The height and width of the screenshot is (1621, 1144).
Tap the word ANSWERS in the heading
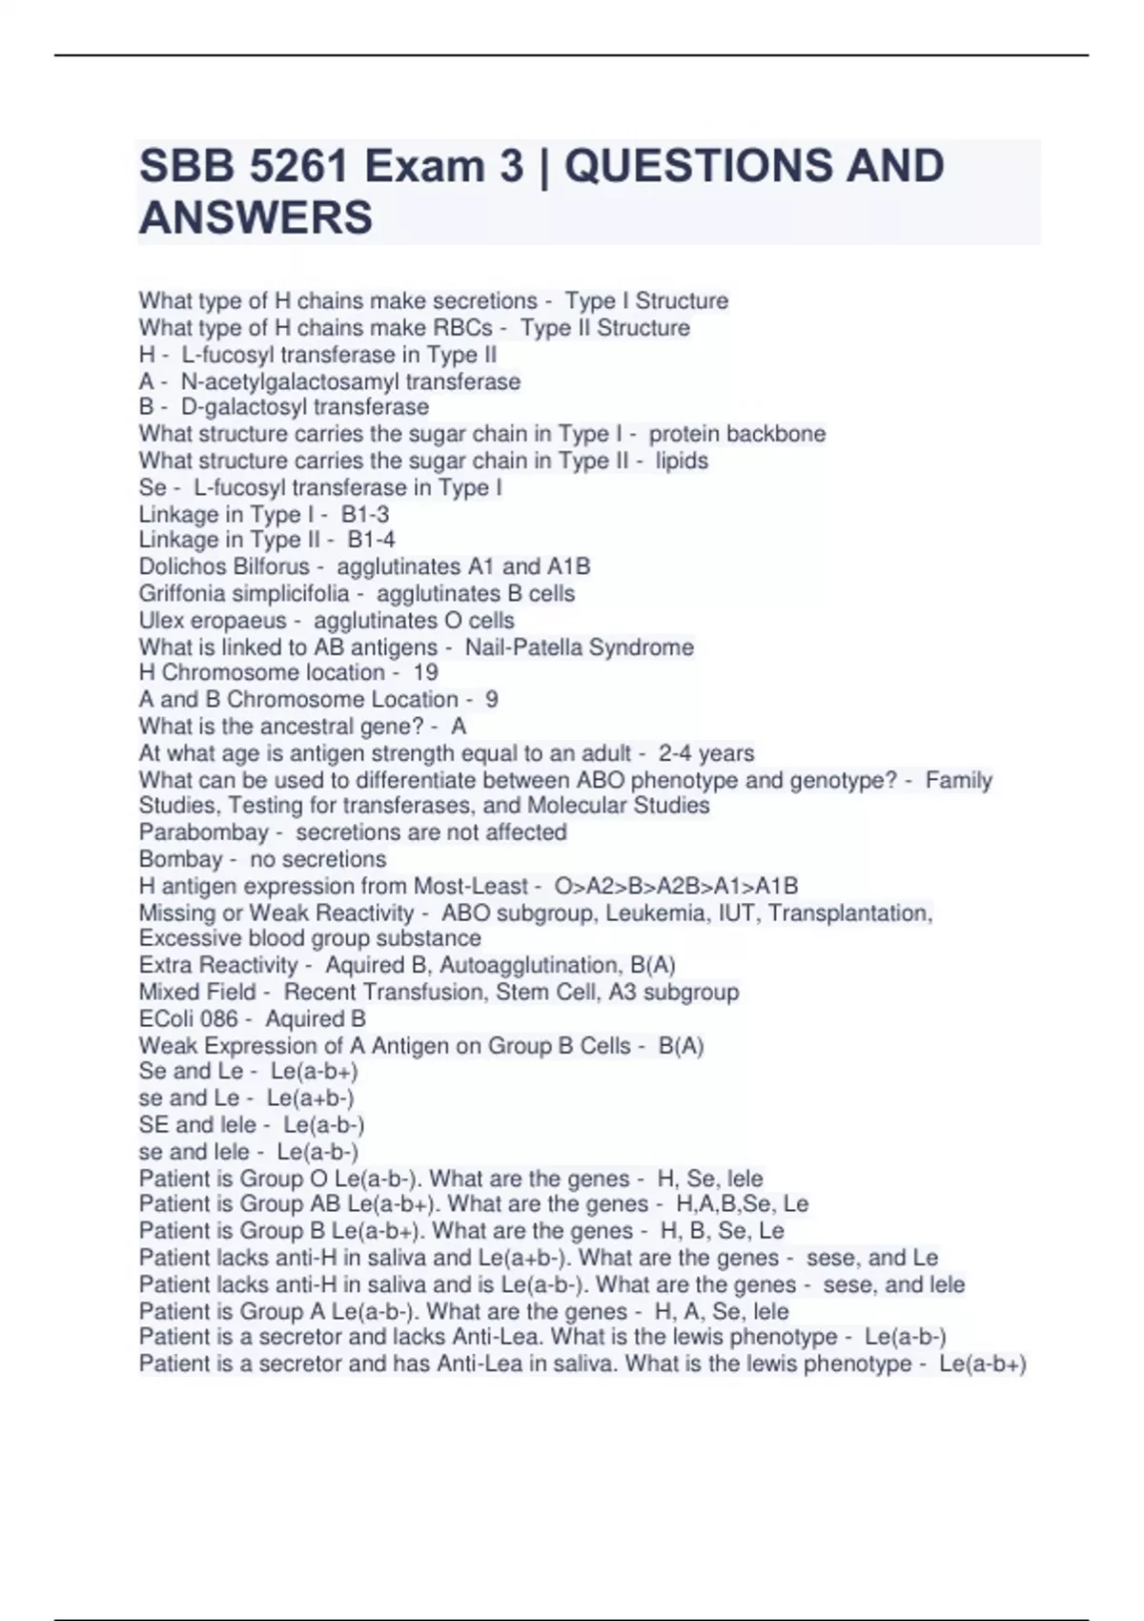[255, 217]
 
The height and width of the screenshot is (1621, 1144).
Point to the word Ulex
[161, 621]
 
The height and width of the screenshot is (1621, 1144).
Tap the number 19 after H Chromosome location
[425, 672]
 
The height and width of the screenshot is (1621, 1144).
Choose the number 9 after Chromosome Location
[491, 699]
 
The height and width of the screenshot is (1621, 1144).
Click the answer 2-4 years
[706, 753]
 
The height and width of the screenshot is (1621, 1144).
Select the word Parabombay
[203, 832]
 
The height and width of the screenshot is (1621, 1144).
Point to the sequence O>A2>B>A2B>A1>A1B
[676, 886]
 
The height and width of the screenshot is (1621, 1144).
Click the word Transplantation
[849, 913]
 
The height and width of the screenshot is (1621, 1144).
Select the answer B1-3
[365, 514]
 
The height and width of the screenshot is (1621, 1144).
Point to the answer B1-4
[371, 540]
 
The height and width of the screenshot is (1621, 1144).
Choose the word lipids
[682, 461]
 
